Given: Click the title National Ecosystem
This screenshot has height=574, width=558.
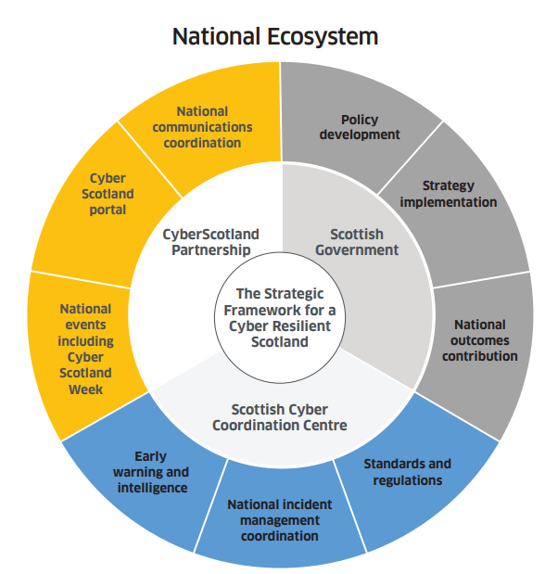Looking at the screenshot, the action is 275,36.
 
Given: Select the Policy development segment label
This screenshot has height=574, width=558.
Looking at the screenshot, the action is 360,127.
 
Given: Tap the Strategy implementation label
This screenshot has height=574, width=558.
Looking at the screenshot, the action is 449,194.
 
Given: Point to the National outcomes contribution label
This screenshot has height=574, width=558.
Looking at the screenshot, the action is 480,339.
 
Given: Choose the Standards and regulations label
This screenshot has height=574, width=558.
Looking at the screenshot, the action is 407,471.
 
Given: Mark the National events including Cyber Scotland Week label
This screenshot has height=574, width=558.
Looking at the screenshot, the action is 85,349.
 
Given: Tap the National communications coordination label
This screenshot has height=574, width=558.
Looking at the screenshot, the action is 202,127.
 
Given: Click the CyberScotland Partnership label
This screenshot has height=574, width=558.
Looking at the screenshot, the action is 210,242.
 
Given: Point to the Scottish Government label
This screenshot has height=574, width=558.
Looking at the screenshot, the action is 351,242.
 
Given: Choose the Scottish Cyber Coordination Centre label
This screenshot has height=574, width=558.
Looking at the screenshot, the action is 279,417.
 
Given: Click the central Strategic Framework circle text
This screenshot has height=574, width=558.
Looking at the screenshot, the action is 278,316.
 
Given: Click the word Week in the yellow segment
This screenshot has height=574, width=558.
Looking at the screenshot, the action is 85,389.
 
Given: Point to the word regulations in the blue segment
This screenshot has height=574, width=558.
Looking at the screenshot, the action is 407,479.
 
